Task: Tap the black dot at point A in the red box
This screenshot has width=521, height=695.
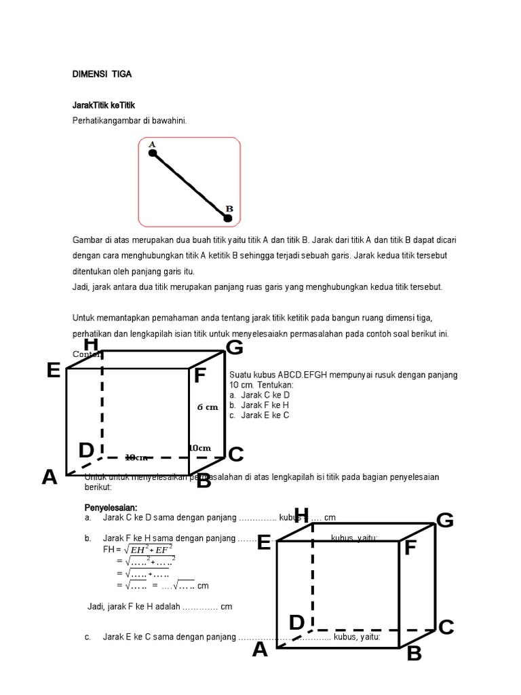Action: coord(153,154)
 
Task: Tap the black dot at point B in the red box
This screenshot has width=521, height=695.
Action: coord(228,218)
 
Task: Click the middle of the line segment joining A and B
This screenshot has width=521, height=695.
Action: coord(191,186)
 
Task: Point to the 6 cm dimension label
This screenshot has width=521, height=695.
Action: coord(208,407)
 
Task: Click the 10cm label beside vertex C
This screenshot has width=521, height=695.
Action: coord(199,448)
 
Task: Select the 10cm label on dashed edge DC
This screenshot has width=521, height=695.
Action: coord(137,457)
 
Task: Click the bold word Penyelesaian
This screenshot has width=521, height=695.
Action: coord(111,508)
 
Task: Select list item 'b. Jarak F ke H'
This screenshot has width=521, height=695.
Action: coord(260,405)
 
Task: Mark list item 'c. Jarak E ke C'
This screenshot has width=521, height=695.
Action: coord(260,415)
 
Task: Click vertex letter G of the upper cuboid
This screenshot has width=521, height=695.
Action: coord(234,348)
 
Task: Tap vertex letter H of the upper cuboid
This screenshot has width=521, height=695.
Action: coord(92,345)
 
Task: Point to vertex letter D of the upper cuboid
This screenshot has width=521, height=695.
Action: coord(85,451)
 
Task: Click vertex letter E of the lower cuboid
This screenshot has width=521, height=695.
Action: coord(264,542)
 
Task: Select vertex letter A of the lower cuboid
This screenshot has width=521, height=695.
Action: coord(260,650)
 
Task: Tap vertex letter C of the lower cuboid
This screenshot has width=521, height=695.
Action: coord(446,628)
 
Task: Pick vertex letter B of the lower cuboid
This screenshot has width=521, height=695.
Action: coord(414,654)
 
